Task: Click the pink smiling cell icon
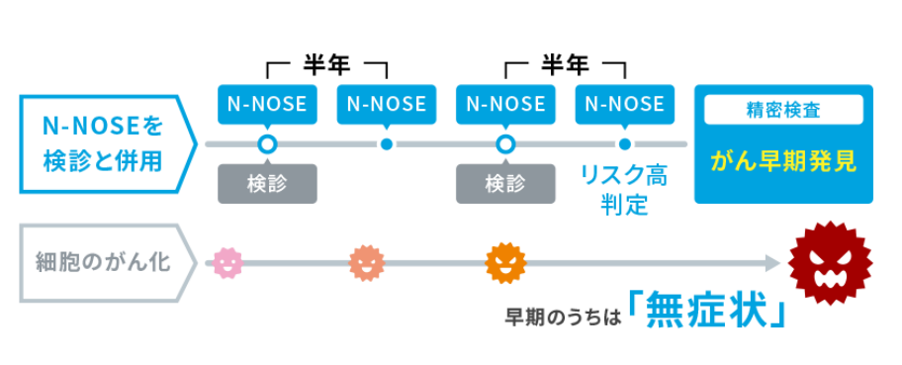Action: click(x=227, y=263)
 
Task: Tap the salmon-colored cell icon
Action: click(x=366, y=263)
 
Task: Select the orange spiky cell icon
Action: click(x=505, y=263)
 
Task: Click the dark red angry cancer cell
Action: click(x=830, y=263)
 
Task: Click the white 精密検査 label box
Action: click(x=783, y=110)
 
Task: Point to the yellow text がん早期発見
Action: click(x=783, y=163)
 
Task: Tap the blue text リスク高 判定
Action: click(x=624, y=190)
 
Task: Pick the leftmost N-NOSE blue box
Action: click(x=267, y=104)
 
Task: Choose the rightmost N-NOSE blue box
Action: click(x=624, y=104)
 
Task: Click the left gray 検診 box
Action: click(x=267, y=184)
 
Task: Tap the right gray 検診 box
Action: click(x=505, y=184)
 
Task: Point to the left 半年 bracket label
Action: click(x=326, y=66)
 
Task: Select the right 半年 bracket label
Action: click(x=565, y=66)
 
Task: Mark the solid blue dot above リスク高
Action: click(x=625, y=144)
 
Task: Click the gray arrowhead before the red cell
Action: click(x=772, y=264)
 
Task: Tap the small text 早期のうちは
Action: click(x=563, y=318)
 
